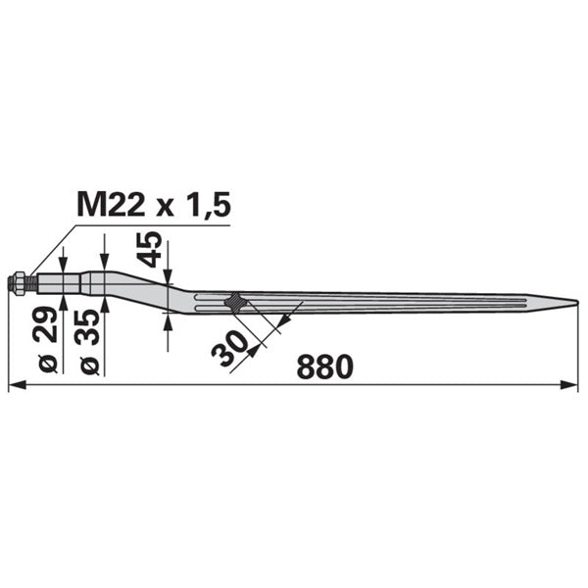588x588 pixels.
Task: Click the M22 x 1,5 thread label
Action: (x=154, y=205)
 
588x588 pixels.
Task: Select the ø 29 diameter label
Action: (x=48, y=339)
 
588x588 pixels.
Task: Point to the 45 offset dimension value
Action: (x=149, y=249)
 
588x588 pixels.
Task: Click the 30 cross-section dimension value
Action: (x=229, y=348)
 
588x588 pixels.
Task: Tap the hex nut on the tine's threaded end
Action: (x=18, y=283)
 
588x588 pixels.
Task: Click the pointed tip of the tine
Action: (x=577, y=301)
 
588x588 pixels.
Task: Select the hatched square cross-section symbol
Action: (x=235, y=302)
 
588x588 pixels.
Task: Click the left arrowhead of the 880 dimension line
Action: (x=18, y=385)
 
